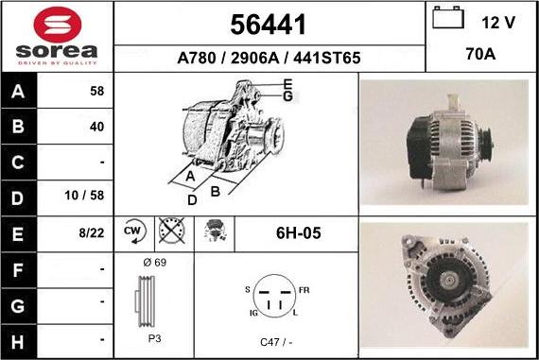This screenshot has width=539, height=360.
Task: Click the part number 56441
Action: (269, 23)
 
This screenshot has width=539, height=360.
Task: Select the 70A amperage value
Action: (481, 55)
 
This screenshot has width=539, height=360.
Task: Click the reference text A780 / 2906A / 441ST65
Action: (269, 58)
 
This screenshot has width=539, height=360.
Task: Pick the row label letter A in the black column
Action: (20, 94)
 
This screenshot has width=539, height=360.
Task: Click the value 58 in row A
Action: (96, 94)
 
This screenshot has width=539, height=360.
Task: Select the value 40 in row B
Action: (96, 126)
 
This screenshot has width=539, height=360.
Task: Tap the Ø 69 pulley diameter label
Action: (155, 263)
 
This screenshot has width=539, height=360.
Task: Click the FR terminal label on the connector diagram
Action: (304, 289)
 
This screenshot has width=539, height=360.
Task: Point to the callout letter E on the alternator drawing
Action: (287, 86)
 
